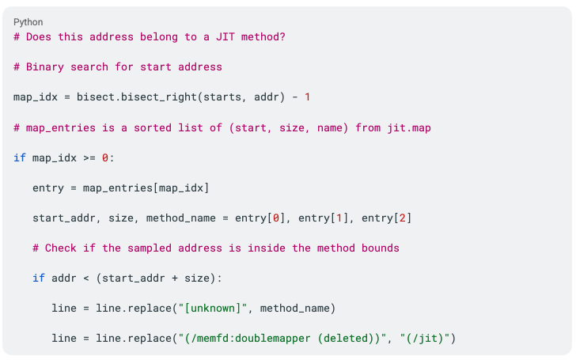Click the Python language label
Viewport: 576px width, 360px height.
[28, 22]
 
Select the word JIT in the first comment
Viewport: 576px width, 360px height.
[225, 36]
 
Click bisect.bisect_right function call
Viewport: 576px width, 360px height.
[137, 97]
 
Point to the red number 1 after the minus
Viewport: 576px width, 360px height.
[307, 97]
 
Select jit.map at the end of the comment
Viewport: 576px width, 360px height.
[409, 128]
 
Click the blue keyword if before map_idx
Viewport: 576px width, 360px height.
[20, 157]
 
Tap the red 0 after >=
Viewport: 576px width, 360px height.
[105, 158]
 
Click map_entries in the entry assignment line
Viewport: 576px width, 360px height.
[118, 188]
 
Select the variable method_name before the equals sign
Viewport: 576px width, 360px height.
[180, 218]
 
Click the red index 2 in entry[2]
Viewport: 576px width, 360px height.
[403, 218]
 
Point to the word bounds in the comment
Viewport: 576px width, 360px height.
[381, 248]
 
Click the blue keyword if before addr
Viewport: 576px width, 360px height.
[39, 278]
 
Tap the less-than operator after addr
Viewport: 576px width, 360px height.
[86, 279]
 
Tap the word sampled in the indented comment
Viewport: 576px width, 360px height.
[150, 248]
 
